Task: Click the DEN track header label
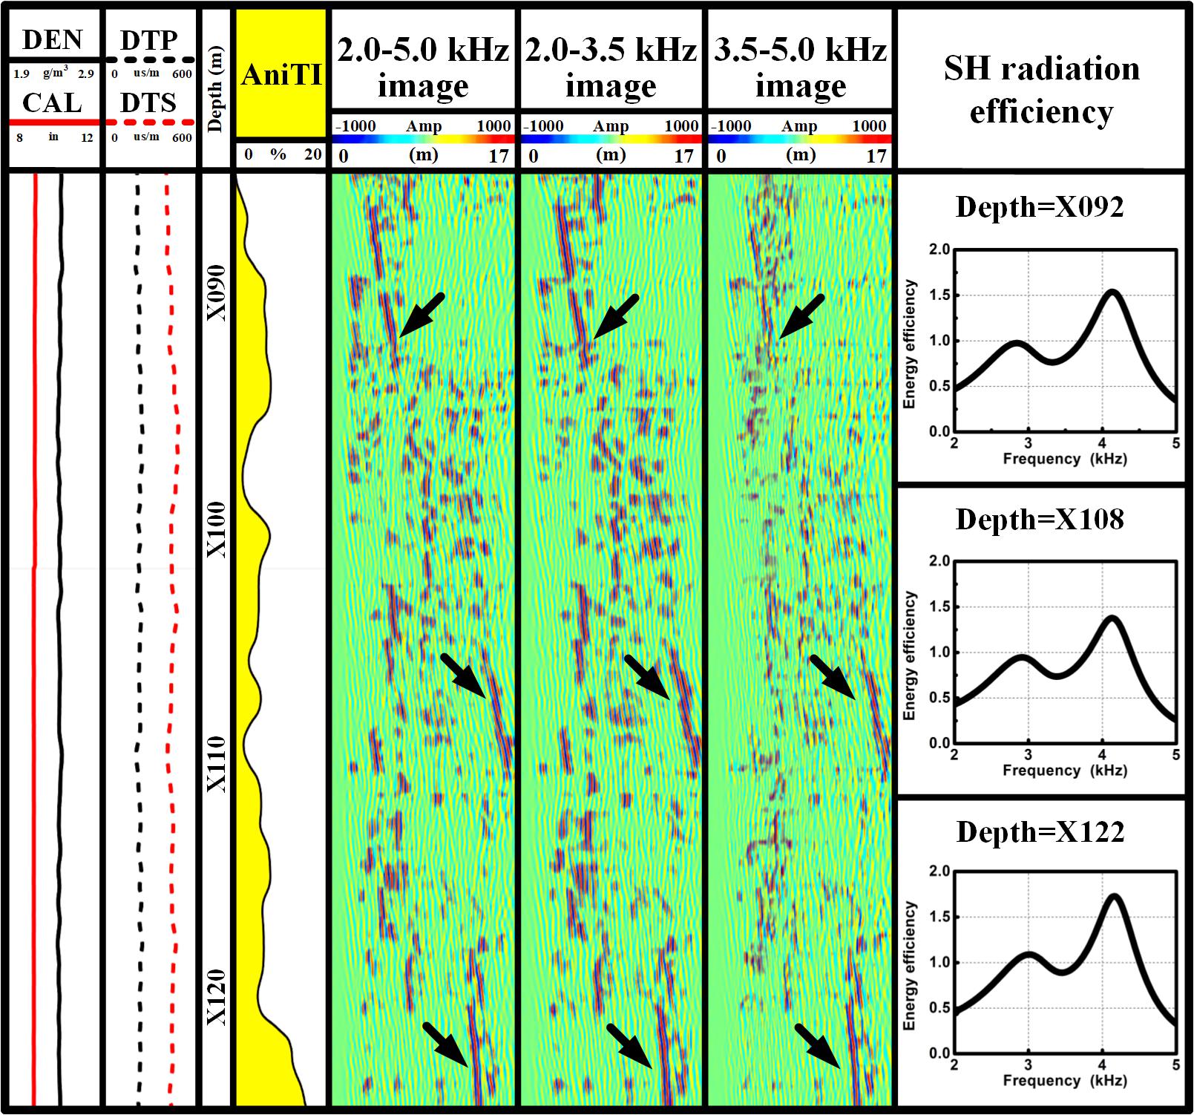(x=52, y=39)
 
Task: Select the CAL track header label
(x=52, y=102)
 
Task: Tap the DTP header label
(x=149, y=39)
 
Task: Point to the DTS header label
(x=148, y=102)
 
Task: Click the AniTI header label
(x=281, y=75)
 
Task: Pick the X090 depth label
(x=216, y=293)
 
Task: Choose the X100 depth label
(x=216, y=529)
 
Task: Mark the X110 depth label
(x=216, y=765)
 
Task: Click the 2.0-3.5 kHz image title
(x=611, y=68)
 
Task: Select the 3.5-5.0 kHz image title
(x=800, y=68)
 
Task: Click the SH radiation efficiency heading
(x=1041, y=90)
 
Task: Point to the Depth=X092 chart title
(x=1039, y=206)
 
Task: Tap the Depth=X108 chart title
(x=1039, y=520)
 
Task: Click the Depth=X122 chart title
(x=1040, y=832)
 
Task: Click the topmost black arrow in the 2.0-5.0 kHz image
(x=422, y=315)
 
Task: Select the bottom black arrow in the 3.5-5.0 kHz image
(x=817, y=1046)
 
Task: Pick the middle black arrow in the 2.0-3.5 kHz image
(x=647, y=677)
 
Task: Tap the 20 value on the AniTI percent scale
(x=312, y=154)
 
